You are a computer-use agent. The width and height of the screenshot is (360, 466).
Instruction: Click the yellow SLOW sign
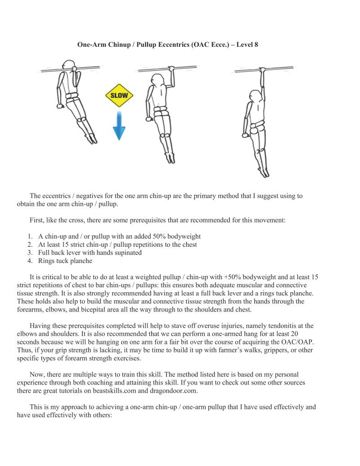[x=119, y=95]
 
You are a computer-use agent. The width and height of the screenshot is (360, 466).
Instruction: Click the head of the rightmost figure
[x=254, y=95]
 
